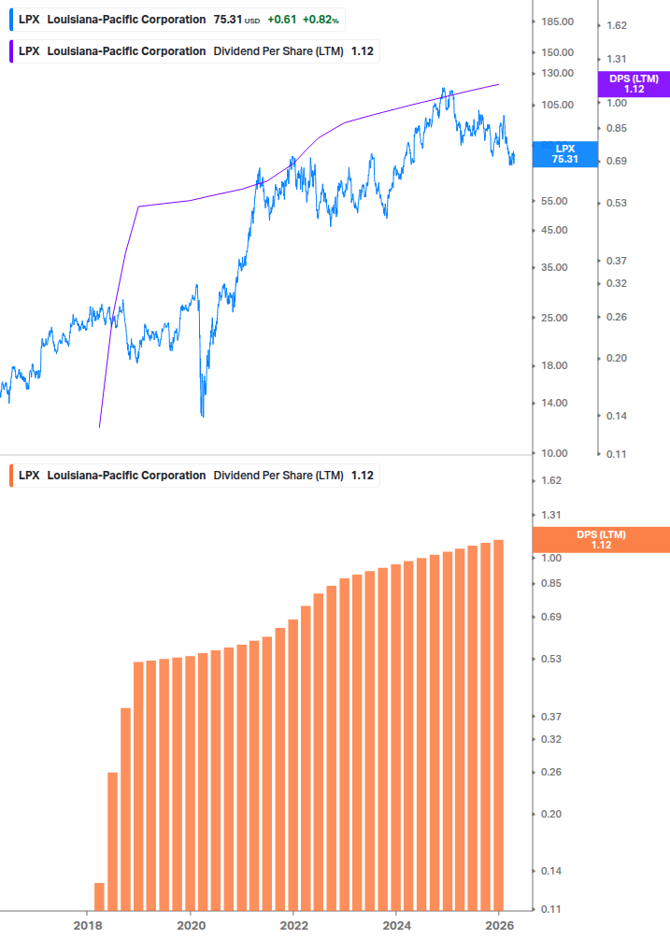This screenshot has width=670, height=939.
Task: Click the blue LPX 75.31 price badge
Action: tap(565, 153)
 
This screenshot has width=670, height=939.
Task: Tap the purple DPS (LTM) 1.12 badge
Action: tap(634, 84)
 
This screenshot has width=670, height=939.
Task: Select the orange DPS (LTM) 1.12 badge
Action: tap(601, 540)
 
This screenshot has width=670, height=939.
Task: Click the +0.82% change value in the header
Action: tap(321, 20)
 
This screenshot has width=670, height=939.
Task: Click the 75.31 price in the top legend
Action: tap(228, 20)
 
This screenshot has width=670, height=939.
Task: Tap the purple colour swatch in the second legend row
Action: tap(10, 51)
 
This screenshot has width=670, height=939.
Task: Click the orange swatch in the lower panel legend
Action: tap(10, 476)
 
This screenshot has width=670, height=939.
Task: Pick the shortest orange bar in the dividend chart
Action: tap(99, 895)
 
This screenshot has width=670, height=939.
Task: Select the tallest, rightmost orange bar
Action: tap(499, 724)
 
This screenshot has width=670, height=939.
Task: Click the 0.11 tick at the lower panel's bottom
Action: tap(551, 909)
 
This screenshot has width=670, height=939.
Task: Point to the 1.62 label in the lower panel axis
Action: tap(551, 480)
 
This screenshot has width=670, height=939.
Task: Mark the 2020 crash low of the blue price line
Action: tap(203, 414)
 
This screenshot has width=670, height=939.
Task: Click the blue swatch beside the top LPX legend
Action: tap(10, 20)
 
